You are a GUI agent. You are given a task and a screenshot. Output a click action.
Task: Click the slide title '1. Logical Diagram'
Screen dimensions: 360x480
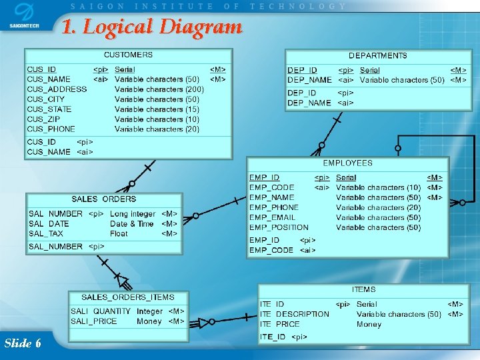click(x=151, y=27)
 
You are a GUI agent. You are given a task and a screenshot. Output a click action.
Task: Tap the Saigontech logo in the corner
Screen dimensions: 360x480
click(x=23, y=16)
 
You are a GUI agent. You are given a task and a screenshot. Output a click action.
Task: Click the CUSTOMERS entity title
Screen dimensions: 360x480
click(x=128, y=55)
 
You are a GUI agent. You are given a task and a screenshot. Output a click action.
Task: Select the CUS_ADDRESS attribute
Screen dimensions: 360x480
click(x=57, y=89)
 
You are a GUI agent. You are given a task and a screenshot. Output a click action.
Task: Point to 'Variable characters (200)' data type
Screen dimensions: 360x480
click(x=159, y=89)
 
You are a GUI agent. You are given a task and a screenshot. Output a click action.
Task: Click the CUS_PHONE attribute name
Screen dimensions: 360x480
click(x=51, y=129)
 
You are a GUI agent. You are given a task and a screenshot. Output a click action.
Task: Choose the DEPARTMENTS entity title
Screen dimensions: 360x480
click(x=377, y=56)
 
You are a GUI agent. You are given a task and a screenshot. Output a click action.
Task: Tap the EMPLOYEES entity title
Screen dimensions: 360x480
click(x=347, y=163)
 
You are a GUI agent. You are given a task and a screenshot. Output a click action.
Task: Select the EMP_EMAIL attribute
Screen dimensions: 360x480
click(x=272, y=217)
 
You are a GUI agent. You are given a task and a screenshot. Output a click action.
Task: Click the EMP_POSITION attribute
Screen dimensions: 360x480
click(x=279, y=227)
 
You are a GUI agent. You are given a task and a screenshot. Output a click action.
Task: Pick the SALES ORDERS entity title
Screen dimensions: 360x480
click(x=103, y=199)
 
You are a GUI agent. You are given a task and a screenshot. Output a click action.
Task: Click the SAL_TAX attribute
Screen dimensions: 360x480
click(x=46, y=234)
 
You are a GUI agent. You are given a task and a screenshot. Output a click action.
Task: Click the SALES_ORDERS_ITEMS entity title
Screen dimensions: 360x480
click(x=127, y=297)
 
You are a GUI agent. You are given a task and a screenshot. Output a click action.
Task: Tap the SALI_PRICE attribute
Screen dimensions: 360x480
click(x=94, y=321)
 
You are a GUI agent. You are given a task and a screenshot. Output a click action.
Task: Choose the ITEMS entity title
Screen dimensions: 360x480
click(x=363, y=290)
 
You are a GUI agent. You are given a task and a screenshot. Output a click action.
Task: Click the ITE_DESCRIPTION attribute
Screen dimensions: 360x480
click(x=294, y=314)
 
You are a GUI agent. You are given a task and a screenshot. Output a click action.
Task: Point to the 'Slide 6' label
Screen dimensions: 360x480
click(x=23, y=343)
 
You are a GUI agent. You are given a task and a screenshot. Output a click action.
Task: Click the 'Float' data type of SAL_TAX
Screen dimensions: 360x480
click(x=119, y=234)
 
